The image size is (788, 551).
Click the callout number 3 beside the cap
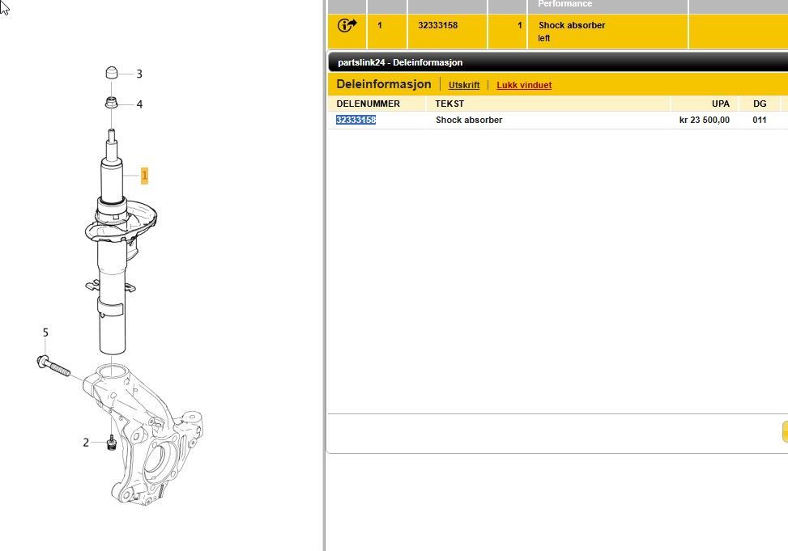pos(139,74)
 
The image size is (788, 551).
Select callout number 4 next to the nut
pos(139,104)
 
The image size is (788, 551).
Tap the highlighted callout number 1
pos(144,176)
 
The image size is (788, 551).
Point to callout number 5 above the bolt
pos(45,333)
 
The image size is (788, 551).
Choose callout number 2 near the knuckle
pos(86,443)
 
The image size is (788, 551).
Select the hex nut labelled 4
pos(112,103)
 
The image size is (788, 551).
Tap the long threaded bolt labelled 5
pos(53,366)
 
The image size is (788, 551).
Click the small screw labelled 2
pos(112,443)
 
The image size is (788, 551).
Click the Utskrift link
pos(464,86)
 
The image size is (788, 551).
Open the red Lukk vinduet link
pos(524,86)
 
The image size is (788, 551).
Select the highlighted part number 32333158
pos(356,120)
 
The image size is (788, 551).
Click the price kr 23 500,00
pos(705,120)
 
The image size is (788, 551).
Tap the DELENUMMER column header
pos(368,104)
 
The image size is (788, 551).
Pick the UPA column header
pos(721,104)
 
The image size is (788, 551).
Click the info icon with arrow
pos(347,25)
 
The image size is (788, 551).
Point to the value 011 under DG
pos(760,120)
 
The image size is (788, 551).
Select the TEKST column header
pos(449,104)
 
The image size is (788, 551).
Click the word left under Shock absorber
pos(544,38)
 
